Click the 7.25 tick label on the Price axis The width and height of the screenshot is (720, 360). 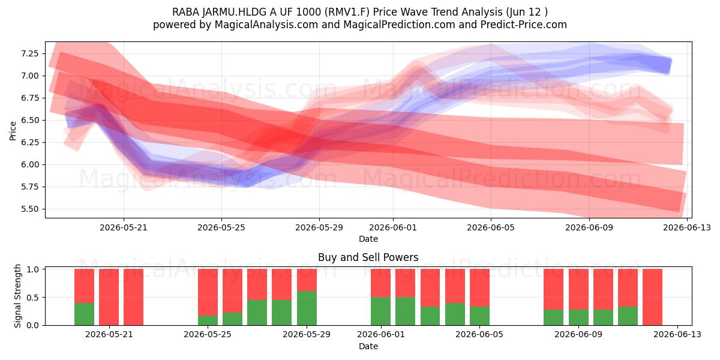tap(29, 53)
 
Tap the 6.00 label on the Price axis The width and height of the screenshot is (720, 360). tap(29, 164)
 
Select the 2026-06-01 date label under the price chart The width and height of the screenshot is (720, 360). tap(393, 227)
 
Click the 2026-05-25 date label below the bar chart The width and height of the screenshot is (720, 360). tap(208, 334)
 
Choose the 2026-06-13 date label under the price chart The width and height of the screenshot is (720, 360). tap(687, 227)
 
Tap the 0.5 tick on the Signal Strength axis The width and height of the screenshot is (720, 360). tap(32, 298)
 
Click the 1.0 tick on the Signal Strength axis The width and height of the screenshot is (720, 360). tap(32, 269)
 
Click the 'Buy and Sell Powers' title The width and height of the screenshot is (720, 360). tap(368, 257)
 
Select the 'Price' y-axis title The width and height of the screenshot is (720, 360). tap(13, 131)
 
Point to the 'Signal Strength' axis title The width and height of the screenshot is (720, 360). tap(17, 296)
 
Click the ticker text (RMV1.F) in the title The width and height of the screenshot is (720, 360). tap(347, 12)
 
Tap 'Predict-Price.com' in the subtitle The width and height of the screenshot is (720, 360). tap(524, 25)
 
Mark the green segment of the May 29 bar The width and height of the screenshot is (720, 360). tap(307, 308)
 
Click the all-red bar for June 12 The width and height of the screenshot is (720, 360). tap(653, 297)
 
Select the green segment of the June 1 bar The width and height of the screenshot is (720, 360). tap(380, 311)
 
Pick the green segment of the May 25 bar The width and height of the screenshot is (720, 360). tap(208, 320)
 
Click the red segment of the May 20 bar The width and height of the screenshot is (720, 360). tap(84, 286)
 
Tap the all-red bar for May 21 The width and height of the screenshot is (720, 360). tap(109, 297)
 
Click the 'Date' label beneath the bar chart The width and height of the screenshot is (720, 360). tap(368, 346)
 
